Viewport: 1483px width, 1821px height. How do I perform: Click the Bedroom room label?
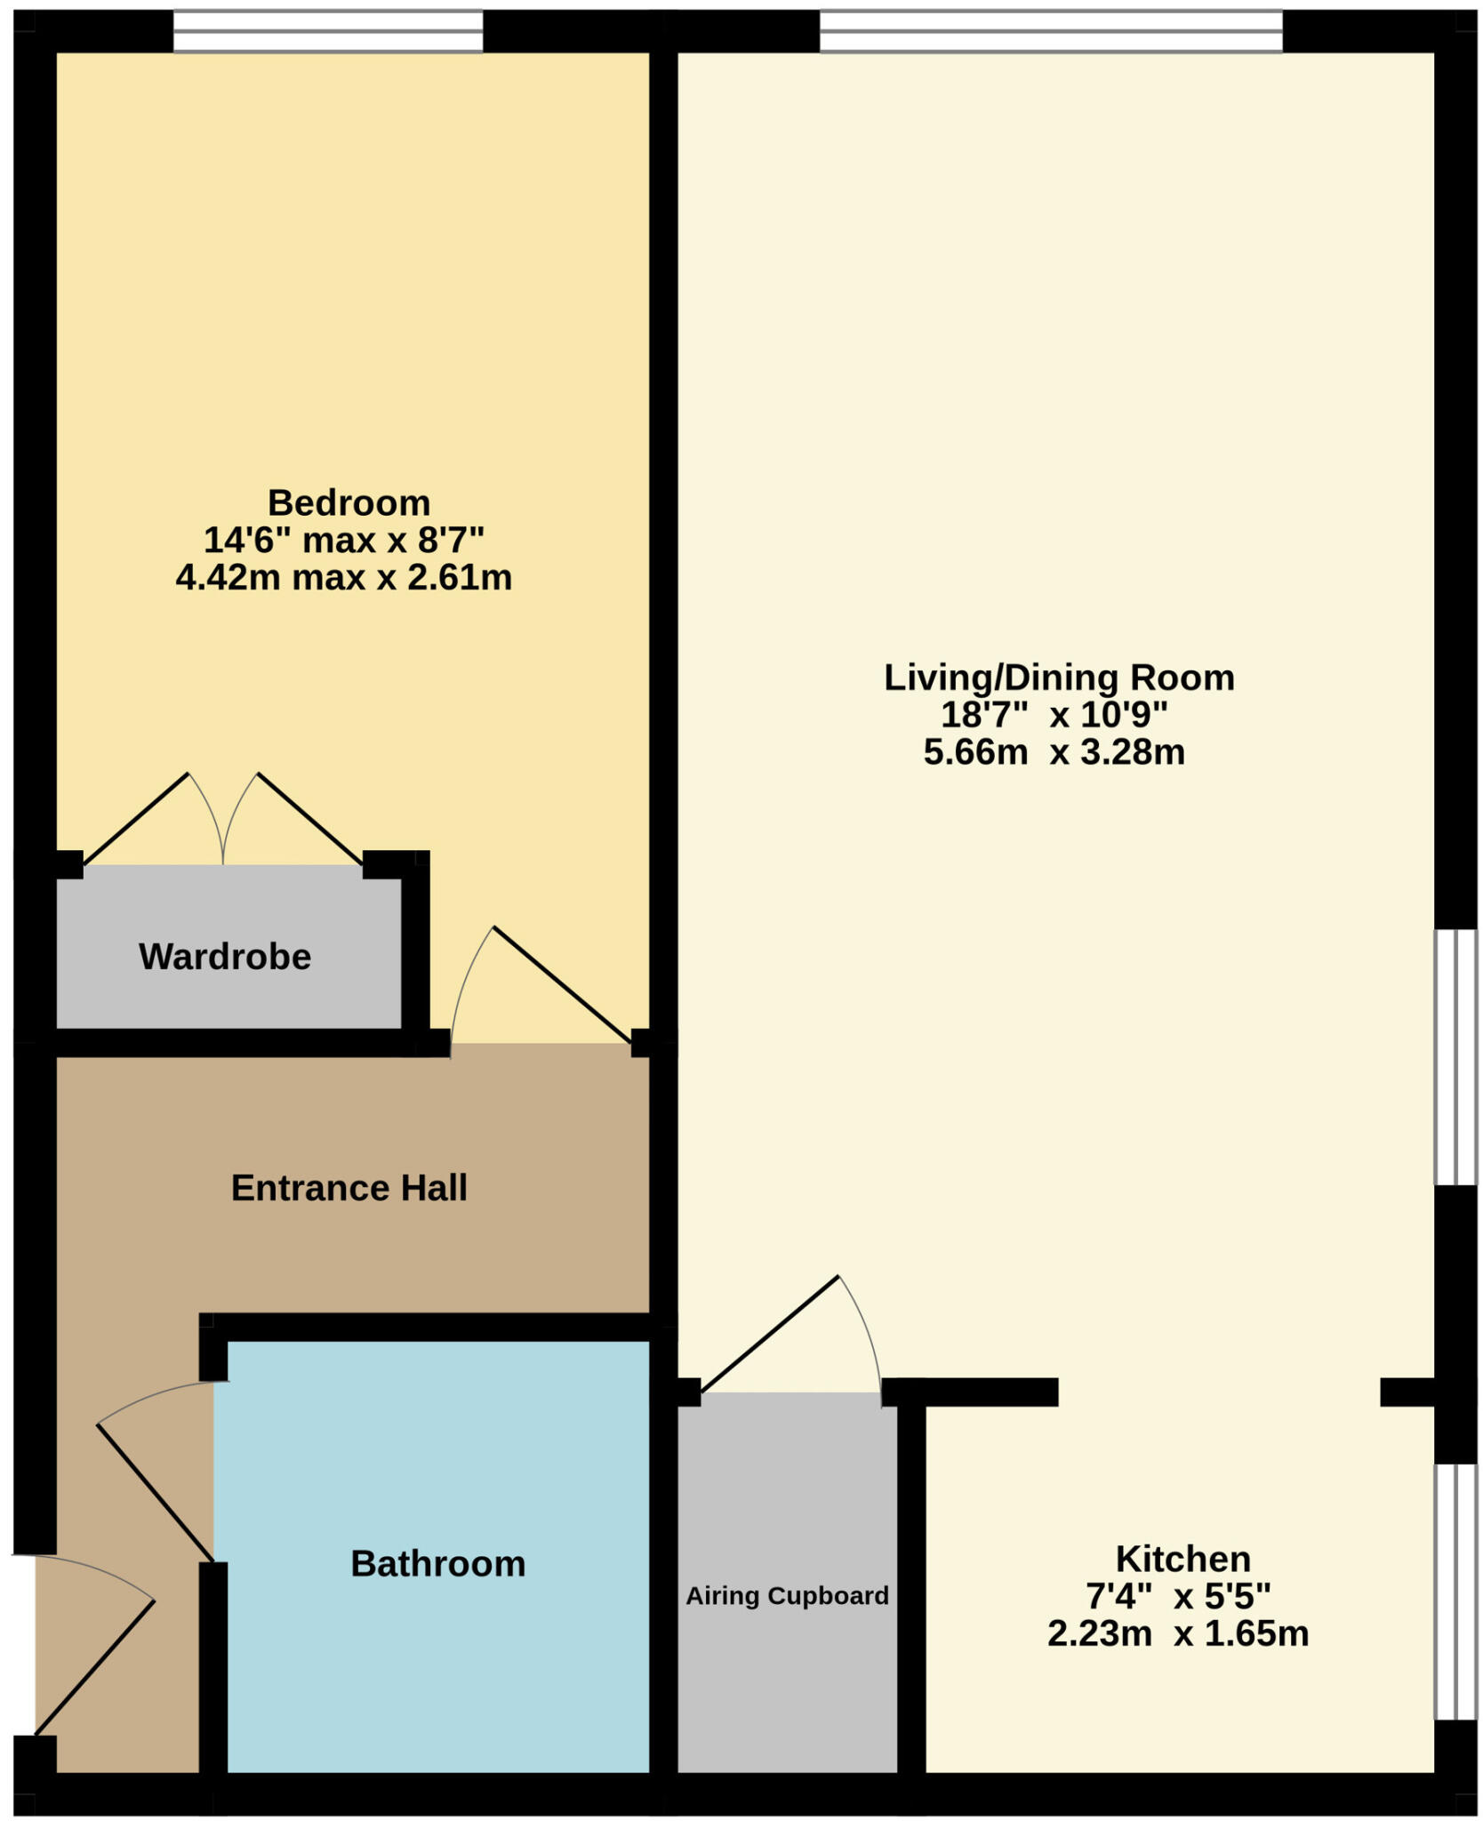click(x=349, y=503)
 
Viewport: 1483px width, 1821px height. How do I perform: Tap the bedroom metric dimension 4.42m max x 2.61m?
click(x=344, y=578)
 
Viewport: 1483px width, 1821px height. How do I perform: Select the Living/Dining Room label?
click(x=1058, y=678)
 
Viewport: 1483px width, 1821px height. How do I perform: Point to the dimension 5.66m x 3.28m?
click(x=1054, y=752)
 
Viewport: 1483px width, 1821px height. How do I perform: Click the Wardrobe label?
click(x=225, y=957)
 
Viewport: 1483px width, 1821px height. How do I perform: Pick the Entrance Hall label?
click(x=349, y=1188)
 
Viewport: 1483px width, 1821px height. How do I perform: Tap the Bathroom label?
click(x=437, y=1563)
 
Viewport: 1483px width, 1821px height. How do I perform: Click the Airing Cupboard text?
click(x=787, y=1595)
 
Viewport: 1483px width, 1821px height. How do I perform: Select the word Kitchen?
click(x=1182, y=1559)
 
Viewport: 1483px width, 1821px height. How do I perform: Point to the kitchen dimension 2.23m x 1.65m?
click(x=1177, y=1633)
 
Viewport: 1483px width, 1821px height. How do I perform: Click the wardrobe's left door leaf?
click(x=135, y=819)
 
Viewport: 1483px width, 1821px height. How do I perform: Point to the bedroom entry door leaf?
click(x=562, y=984)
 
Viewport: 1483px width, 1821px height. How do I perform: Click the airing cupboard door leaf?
click(x=770, y=1334)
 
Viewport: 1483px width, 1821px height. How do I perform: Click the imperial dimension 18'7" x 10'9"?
click(x=1054, y=715)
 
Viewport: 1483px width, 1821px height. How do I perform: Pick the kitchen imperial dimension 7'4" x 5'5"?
click(x=1177, y=1596)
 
